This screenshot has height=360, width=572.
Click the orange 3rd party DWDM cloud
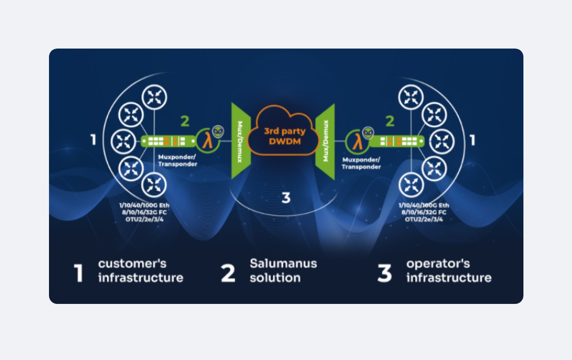[x=283, y=131]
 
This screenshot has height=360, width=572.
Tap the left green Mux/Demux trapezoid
[x=241, y=141]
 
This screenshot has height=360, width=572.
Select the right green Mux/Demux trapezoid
[x=325, y=142]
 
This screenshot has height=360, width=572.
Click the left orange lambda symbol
[x=207, y=141]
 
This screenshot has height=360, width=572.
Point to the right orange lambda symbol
[x=357, y=143]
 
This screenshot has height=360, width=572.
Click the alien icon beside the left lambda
[x=218, y=132]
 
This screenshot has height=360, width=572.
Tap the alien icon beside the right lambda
[x=368, y=133]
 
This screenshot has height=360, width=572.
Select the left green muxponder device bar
[x=168, y=141]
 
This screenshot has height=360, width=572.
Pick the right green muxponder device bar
[x=397, y=141]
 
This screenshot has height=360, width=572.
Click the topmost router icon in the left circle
[x=154, y=97]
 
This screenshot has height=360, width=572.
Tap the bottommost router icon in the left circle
[x=154, y=185]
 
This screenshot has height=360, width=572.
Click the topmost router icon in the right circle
[x=411, y=97]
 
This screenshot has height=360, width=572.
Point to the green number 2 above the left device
[x=185, y=121]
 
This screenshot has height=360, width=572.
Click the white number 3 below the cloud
[x=286, y=198]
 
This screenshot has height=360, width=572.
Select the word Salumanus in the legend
[x=283, y=263]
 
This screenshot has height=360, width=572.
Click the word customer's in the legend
[x=132, y=263]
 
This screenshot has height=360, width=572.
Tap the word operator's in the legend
[x=438, y=264]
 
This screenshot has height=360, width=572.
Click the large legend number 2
[x=228, y=273]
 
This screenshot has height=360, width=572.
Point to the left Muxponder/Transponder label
[x=178, y=161]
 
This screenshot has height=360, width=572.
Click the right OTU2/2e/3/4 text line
[x=424, y=219]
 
